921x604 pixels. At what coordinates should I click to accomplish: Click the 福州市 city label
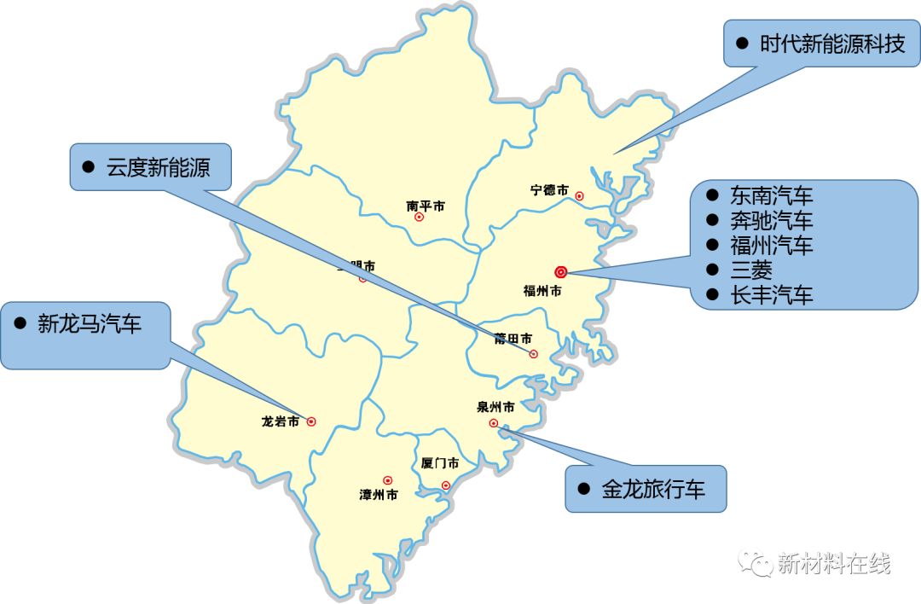[542, 291]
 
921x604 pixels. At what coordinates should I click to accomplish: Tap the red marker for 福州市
[560, 272]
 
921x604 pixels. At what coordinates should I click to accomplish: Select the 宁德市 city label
[549, 190]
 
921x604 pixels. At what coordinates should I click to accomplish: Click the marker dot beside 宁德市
[580, 196]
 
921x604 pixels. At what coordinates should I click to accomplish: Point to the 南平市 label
[426, 206]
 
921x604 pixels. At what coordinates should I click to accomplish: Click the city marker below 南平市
[419, 218]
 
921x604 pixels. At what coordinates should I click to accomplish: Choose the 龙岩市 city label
[281, 421]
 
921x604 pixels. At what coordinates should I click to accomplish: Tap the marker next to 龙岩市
[311, 421]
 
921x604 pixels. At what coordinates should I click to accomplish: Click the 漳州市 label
[379, 495]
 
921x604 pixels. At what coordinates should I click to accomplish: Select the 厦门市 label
[440, 463]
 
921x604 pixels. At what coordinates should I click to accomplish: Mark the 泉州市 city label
[495, 407]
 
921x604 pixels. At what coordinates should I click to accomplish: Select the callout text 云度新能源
[158, 167]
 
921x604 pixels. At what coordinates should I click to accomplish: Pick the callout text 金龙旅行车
[653, 489]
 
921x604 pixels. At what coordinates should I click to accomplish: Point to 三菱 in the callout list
[751, 270]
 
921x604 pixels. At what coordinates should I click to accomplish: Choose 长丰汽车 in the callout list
[772, 295]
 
